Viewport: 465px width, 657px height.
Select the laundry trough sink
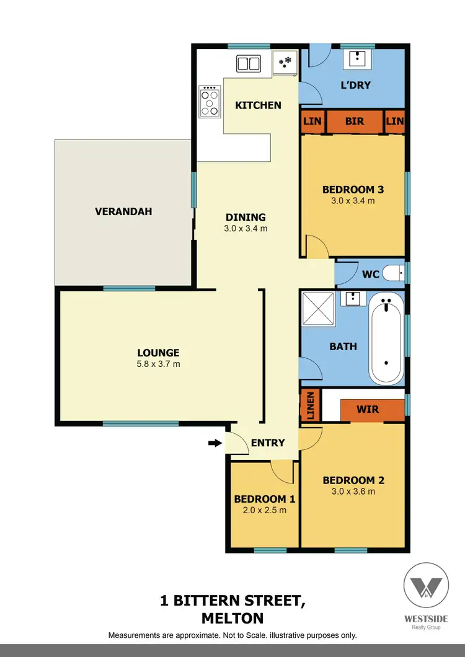point(358,59)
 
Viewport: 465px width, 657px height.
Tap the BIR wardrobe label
point(355,121)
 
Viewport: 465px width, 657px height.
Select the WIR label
point(368,410)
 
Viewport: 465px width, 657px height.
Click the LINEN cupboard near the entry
point(311,405)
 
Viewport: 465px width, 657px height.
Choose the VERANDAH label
point(123,211)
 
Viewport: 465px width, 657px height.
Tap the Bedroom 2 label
point(353,480)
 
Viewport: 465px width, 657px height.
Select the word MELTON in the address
point(232,618)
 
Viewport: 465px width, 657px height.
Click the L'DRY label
point(355,85)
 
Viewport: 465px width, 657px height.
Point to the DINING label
point(246,217)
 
